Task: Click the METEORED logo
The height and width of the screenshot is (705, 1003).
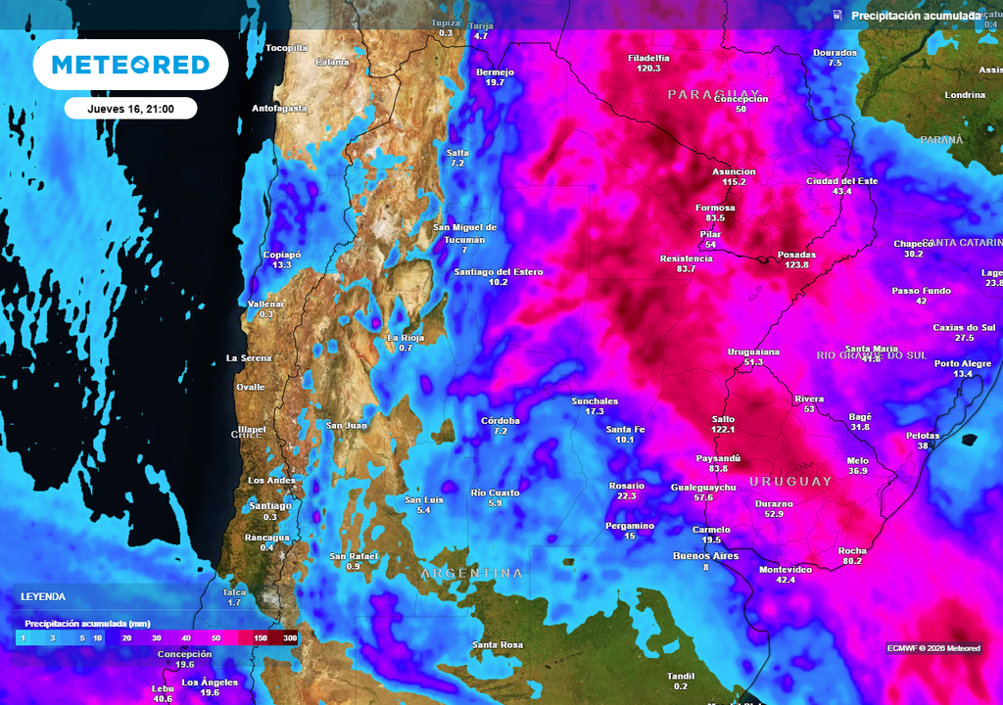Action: pyautogui.click(x=130, y=65)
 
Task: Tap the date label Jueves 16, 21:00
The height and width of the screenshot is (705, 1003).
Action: pyautogui.click(x=130, y=109)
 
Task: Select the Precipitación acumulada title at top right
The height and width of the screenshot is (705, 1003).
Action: pyautogui.click(x=915, y=16)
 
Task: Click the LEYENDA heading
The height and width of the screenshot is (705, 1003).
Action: pyautogui.click(x=43, y=596)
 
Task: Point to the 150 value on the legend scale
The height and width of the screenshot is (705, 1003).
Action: pyautogui.click(x=262, y=637)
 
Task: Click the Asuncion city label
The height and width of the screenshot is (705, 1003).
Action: pyautogui.click(x=734, y=171)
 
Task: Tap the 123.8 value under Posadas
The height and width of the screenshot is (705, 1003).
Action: pyautogui.click(x=796, y=265)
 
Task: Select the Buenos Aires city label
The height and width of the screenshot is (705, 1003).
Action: pyautogui.click(x=705, y=556)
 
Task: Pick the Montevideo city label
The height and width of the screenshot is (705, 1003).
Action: pyautogui.click(x=786, y=569)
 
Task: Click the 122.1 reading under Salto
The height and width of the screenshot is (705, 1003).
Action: pyautogui.click(x=723, y=430)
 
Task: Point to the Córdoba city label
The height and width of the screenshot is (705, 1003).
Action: pyautogui.click(x=501, y=420)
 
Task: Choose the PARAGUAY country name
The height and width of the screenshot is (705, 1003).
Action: pyautogui.click(x=713, y=94)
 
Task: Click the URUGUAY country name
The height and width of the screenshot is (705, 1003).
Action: pyautogui.click(x=790, y=481)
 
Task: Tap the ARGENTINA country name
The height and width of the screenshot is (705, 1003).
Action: pyautogui.click(x=472, y=573)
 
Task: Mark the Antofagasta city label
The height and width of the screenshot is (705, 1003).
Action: pyautogui.click(x=280, y=108)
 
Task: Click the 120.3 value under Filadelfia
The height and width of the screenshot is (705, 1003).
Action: pyautogui.click(x=648, y=69)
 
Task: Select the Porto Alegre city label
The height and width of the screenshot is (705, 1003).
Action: pyautogui.click(x=963, y=363)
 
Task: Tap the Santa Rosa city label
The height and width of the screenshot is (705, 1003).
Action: pyautogui.click(x=498, y=644)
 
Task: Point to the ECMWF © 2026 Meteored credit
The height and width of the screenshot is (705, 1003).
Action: pyautogui.click(x=932, y=647)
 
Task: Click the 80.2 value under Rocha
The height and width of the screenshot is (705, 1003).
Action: pyautogui.click(x=852, y=561)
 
